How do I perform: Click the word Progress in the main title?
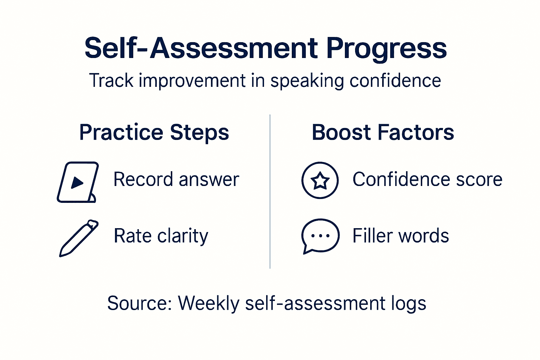(x=386, y=49)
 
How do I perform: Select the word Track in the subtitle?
(x=111, y=81)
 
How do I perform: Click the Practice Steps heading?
(x=154, y=133)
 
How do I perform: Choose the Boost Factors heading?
(x=383, y=133)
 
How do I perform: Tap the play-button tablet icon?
(x=78, y=182)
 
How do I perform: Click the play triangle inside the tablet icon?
(x=77, y=182)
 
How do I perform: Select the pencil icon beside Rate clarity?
(x=79, y=238)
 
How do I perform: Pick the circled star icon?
(x=320, y=180)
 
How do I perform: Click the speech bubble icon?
(x=320, y=236)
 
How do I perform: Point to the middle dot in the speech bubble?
(x=320, y=236)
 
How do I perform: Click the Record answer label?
(x=176, y=180)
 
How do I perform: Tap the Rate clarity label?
(x=161, y=236)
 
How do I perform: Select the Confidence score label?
(x=427, y=180)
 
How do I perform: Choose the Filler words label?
(x=400, y=236)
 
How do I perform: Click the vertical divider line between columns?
(x=270, y=192)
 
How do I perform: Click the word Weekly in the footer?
(x=208, y=303)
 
